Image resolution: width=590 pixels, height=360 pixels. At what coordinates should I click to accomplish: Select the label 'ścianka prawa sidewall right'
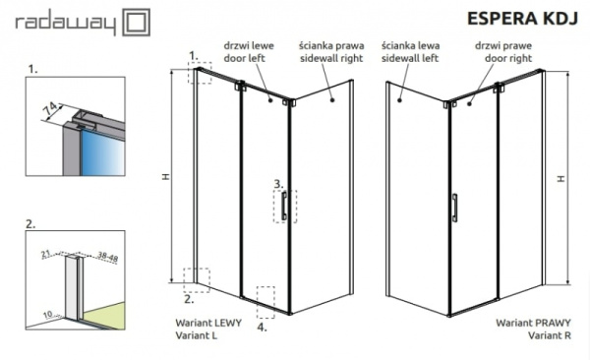click(329, 51)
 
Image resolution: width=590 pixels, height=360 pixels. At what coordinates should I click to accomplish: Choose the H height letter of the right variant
click(560, 179)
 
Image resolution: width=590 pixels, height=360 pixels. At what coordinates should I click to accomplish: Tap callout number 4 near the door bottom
click(262, 328)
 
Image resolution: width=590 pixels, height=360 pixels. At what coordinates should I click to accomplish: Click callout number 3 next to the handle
click(278, 184)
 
